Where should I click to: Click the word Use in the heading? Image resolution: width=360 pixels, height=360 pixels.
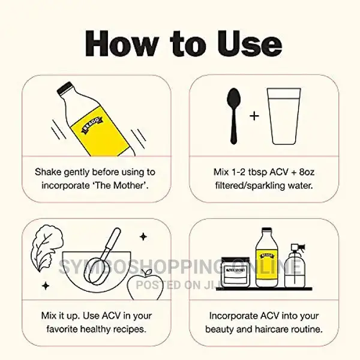pos(250,44)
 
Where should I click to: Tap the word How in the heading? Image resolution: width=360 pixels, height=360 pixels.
pos(122,44)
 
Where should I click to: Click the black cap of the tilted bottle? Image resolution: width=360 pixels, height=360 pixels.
pos(65,88)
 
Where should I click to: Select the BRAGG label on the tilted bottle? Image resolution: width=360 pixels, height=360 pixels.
pos(92,125)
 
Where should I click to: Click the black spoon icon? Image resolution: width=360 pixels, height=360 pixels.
pos(234,116)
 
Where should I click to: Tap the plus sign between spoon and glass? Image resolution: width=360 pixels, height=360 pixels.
pos(254,116)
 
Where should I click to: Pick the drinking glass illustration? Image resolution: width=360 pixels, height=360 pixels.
pos(284,116)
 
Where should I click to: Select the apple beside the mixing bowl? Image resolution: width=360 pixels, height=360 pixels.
pos(145,286)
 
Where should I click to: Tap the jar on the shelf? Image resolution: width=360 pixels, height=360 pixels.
pos(236,272)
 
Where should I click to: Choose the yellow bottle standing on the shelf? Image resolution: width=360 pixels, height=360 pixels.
pos(267,258)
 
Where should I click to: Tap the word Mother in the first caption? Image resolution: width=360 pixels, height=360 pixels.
pos(129,185)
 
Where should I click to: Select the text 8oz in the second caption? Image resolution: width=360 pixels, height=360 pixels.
pos(307,172)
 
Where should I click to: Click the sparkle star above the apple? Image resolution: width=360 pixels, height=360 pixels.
pos(143,237)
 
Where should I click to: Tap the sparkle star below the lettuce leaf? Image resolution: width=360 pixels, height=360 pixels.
pos(46,286)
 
